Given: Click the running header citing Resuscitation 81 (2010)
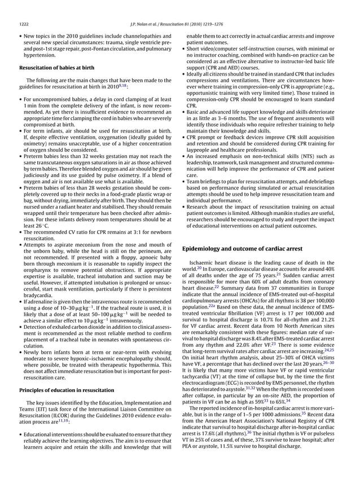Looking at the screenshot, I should [x=179, y=24].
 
